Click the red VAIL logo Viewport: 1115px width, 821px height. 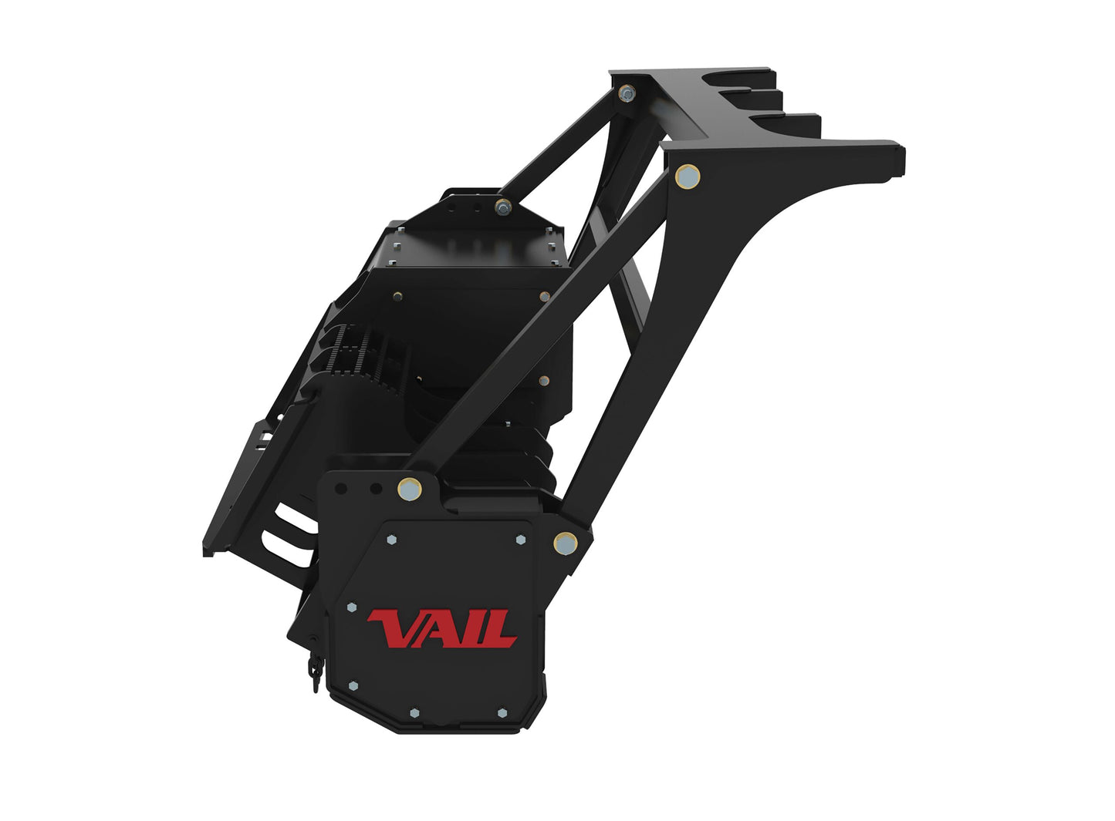pyautogui.click(x=441, y=629)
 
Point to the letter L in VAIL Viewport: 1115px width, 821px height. pyautogui.click(x=500, y=629)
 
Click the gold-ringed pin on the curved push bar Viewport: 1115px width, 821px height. pyautogui.click(x=688, y=176)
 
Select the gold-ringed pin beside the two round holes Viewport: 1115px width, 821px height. pyautogui.click(x=410, y=489)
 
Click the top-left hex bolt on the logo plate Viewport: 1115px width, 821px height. pyautogui.click(x=391, y=540)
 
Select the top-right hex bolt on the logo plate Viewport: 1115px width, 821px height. pyautogui.click(x=521, y=539)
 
